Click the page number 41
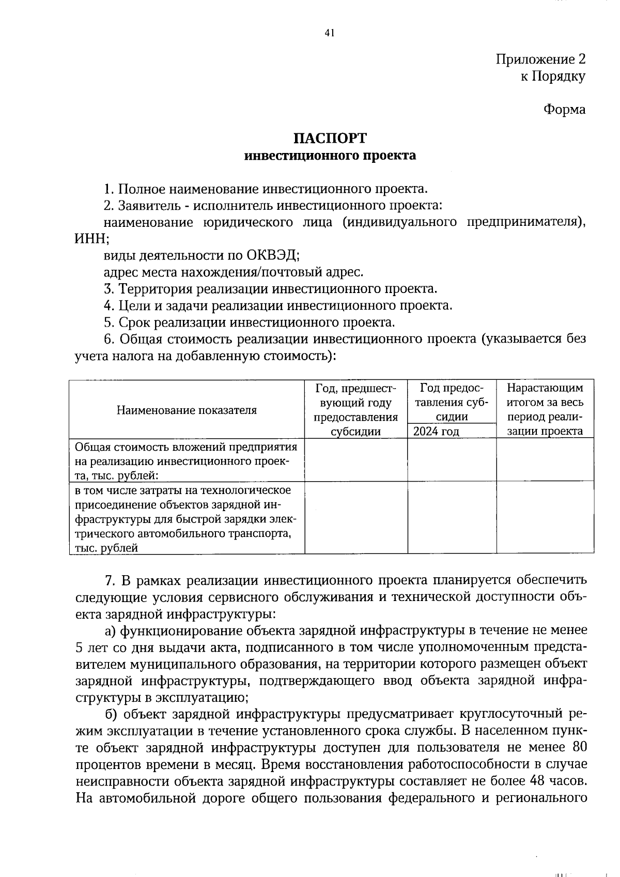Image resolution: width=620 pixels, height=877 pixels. (x=330, y=33)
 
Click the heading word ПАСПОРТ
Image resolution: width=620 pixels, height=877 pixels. (x=330, y=138)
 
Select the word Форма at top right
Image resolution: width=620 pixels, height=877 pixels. (x=564, y=110)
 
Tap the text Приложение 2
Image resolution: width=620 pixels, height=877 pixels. (x=540, y=59)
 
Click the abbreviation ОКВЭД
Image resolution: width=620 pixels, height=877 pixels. (x=272, y=255)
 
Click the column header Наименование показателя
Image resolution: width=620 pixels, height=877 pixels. (x=187, y=410)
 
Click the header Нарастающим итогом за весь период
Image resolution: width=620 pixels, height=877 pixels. (x=545, y=409)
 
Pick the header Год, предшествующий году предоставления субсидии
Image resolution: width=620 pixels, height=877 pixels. (x=355, y=409)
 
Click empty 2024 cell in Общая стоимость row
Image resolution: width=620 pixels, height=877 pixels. (x=452, y=460)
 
